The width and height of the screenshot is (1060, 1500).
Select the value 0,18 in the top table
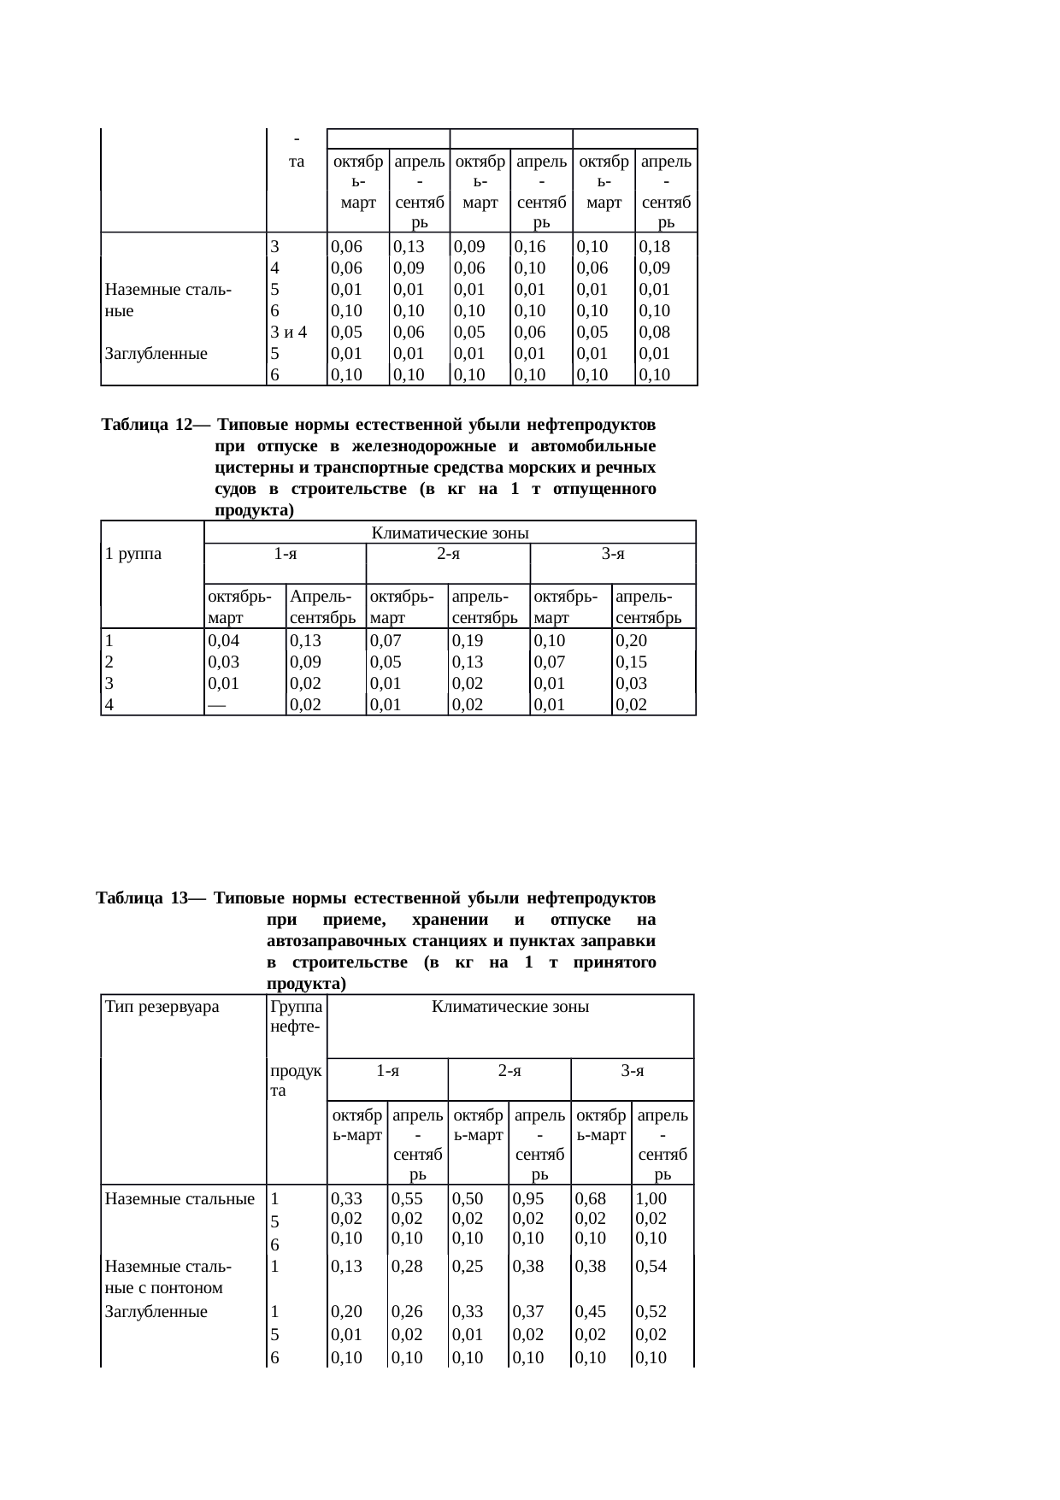pyautogui.click(x=654, y=247)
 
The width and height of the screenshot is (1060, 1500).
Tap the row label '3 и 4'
pyautogui.click(x=288, y=332)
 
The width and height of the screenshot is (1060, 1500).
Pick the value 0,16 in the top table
pyautogui.click(x=530, y=247)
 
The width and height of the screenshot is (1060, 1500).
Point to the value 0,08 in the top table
pyautogui.click(x=654, y=332)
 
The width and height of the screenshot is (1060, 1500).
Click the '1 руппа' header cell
pyautogui.click(x=133, y=553)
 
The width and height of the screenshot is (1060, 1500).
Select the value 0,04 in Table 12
pyautogui.click(x=224, y=640)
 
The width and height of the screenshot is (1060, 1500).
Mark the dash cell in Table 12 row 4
pyautogui.click(x=217, y=704)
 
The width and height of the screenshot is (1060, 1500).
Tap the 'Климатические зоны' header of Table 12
pyautogui.click(x=450, y=533)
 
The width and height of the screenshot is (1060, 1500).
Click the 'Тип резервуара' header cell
pyautogui.click(x=162, y=1007)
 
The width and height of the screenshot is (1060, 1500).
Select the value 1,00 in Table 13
pyautogui.click(x=651, y=1200)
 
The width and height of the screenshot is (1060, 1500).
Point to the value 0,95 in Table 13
pyautogui.click(x=529, y=1200)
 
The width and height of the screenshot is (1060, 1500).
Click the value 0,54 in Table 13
pyautogui.click(x=651, y=1268)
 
